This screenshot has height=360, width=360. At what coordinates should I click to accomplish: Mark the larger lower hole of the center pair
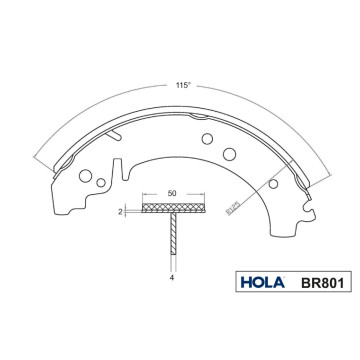point(227,153)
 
